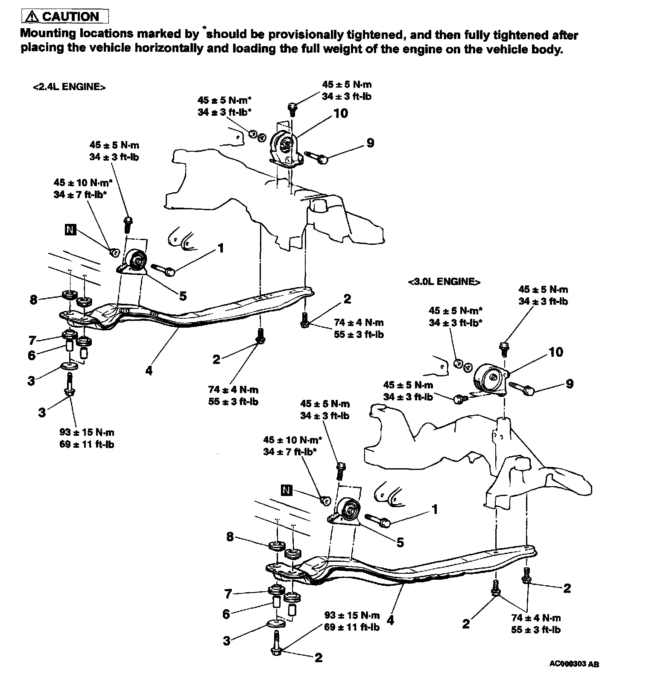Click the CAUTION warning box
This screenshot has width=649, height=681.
(65, 17)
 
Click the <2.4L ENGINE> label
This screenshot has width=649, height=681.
(69, 87)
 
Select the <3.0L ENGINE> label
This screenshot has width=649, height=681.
(444, 282)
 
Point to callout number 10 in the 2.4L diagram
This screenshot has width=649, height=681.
(340, 113)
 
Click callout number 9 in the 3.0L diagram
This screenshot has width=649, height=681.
(569, 384)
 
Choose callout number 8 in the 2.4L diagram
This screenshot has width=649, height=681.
(34, 299)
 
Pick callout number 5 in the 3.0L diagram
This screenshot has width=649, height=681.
(400, 542)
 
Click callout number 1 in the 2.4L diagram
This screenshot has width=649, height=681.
(221, 248)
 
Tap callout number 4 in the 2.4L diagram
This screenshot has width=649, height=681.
(149, 370)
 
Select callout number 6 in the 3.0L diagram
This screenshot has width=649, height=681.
(226, 614)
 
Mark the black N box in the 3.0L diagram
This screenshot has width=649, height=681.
(286, 490)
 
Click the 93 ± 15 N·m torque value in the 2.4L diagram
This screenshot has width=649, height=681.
(87, 432)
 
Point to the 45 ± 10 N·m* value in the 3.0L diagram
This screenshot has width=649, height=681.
(292, 440)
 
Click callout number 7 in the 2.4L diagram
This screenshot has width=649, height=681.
(32, 340)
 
